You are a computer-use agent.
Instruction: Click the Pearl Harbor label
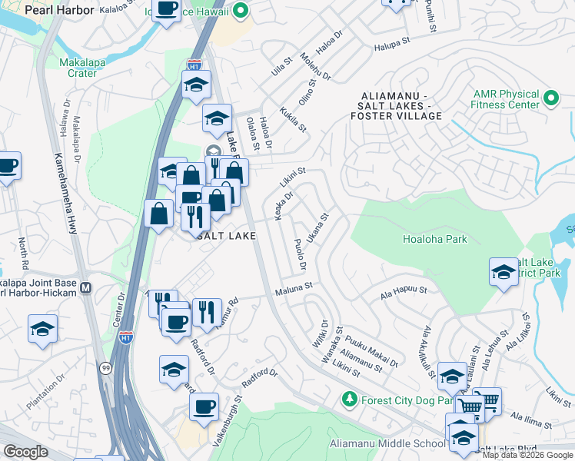[x=59, y=11]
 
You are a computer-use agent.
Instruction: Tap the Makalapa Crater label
[x=77, y=68]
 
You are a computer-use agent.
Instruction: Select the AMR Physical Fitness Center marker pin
[x=550, y=98]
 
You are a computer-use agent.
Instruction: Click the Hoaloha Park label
[x=435, y=239]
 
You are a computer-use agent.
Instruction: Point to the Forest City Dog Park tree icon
[x=350, y=400]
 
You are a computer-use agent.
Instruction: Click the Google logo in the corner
[x=25, y=452]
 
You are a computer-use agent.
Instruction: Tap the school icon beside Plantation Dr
[x=43, y=328]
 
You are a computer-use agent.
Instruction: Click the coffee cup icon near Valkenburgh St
[x=204, y=406]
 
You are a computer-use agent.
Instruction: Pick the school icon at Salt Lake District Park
[x=504, y=272]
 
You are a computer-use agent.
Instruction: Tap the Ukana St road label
[x=317, y=228]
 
